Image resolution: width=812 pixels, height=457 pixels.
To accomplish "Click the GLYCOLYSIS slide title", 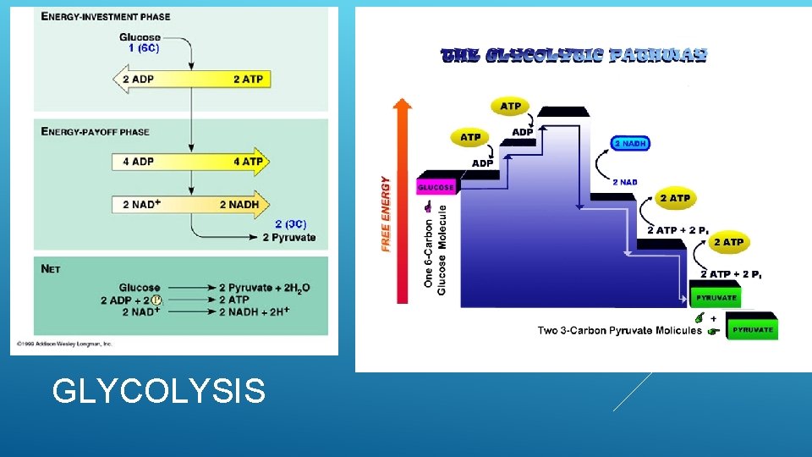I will click(158, 391).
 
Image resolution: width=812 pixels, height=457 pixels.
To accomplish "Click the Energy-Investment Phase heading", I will click(105, 17).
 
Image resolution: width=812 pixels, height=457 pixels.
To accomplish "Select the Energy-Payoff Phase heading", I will click(95, 131).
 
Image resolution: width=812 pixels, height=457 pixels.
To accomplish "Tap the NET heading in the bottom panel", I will click(51, 268).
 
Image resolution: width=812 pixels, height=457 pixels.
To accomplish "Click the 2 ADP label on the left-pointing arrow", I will click(139, 80).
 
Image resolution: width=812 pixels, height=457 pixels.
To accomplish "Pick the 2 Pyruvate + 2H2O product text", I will click(264, 288).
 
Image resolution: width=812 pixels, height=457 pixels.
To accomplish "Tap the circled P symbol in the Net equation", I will click(156, 300).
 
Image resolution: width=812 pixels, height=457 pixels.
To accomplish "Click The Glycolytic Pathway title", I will click(574, 56).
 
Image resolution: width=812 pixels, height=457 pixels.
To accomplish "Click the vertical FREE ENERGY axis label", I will click(387, 213).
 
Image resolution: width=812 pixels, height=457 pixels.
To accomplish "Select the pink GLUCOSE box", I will click(436, 187).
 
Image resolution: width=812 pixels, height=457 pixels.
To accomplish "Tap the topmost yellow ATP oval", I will click(511, 107).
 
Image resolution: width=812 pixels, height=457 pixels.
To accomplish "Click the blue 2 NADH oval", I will click(631, 144).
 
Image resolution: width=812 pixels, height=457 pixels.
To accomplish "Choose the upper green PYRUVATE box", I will click(716, 298).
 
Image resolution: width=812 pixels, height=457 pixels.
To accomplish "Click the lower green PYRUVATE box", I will click(752, 330).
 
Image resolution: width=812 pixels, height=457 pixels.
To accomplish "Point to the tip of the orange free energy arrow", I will click(403, 102).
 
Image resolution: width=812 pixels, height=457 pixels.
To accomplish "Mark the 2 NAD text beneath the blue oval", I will click(625, 182).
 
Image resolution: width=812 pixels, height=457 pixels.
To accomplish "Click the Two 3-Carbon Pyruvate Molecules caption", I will click(619, 330).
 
